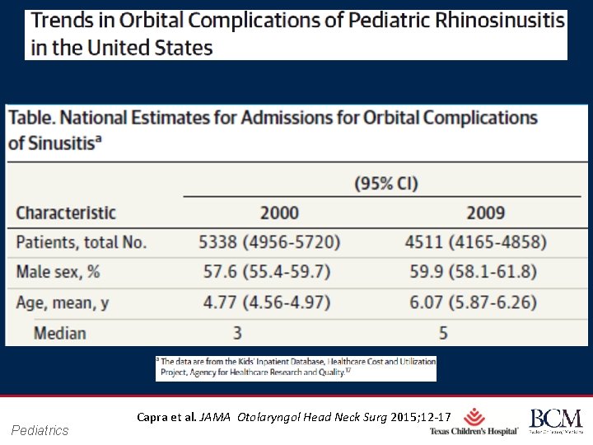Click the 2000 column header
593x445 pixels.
point(280,213)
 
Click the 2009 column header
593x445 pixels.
point(485,213)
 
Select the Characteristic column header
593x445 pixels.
point(66,213)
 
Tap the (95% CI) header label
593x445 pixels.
point(386,183)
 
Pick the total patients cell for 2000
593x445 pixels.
point(269,242)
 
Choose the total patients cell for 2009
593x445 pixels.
point(475,242)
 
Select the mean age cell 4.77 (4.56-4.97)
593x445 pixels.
point(269,302)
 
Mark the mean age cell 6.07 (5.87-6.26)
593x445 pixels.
point(475,302)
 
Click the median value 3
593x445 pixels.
point(236,333)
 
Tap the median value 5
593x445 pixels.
point(443,333)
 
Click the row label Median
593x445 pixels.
point(60,333)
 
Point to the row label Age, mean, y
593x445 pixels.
point(63,302)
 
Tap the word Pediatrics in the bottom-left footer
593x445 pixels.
point(40,429)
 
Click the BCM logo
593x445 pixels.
point(555,420)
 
